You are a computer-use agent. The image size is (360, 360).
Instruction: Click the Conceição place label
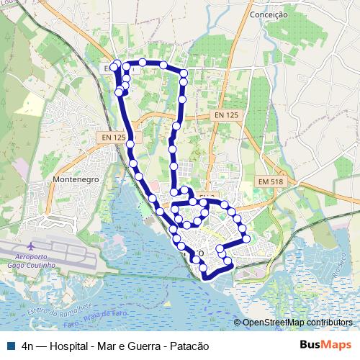269,14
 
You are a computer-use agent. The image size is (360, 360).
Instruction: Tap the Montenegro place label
76,179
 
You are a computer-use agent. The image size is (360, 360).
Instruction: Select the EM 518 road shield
272,182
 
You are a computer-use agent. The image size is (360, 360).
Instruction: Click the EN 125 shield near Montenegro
110,137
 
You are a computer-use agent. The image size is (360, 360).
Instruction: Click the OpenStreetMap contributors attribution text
297,323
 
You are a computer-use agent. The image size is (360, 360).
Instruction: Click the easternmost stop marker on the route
246,238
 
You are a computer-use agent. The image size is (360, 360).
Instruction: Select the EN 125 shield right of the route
226,115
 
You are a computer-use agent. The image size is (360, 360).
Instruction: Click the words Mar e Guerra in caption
130,346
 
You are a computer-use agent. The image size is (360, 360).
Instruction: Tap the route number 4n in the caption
29,346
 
